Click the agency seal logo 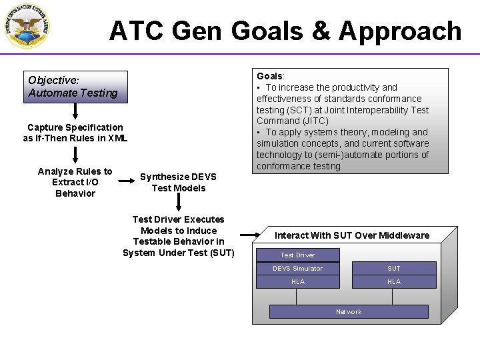click(27, 26)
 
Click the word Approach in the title click(400, 31)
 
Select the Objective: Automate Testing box click(75, 87)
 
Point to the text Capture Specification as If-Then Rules click(75, 133)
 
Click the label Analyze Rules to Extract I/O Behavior click(75, 182)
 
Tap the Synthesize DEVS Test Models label click(178, 182)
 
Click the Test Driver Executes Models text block click(178, 236)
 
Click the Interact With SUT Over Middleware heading click(352, 235)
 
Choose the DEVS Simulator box click(297, 268)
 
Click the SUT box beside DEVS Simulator click(394, 268)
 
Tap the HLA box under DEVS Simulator click(297, 281)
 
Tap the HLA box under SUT click(394, 281)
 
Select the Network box click(349, 311)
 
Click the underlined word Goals click(270, 76)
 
